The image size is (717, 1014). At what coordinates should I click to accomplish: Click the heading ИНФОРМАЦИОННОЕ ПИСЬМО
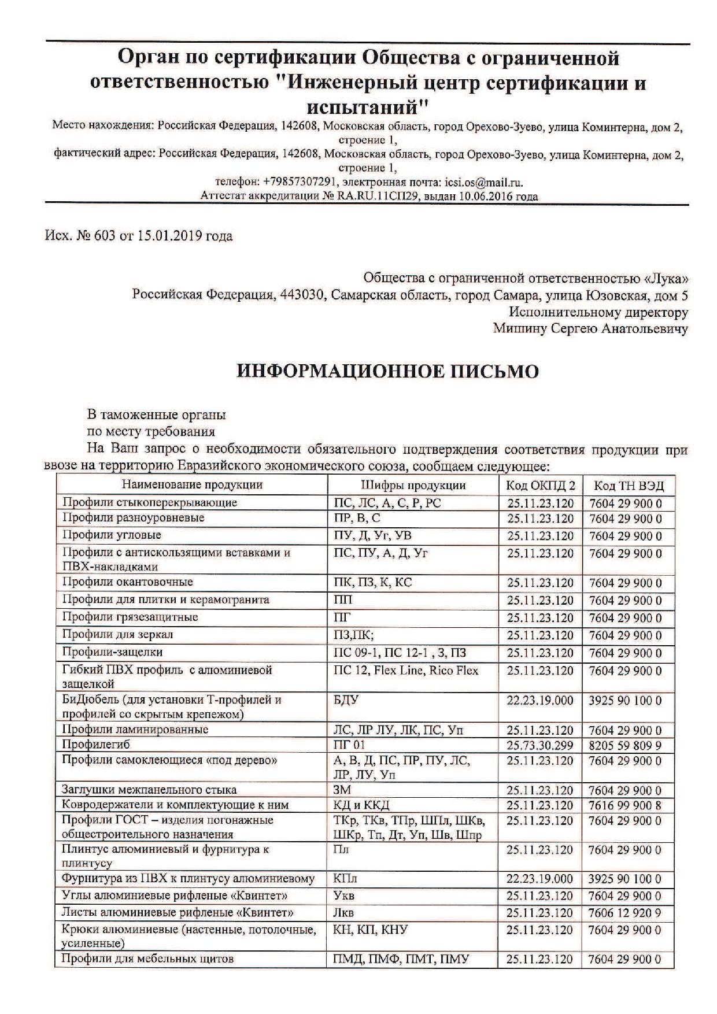[387, 371]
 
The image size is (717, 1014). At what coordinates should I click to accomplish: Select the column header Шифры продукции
[413, 485]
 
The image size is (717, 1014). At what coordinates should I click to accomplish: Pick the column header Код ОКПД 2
[541, 485]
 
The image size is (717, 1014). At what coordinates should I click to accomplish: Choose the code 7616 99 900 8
[625, 805]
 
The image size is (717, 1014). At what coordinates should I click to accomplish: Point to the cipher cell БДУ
[346, 700]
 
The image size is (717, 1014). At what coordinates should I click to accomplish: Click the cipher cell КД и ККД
[361, 805]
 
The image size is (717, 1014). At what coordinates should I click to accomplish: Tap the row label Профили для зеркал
[118, 635]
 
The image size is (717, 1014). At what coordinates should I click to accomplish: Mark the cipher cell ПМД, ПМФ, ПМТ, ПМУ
[401, 959]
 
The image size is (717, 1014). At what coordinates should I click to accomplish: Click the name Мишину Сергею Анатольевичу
[590, 329]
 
